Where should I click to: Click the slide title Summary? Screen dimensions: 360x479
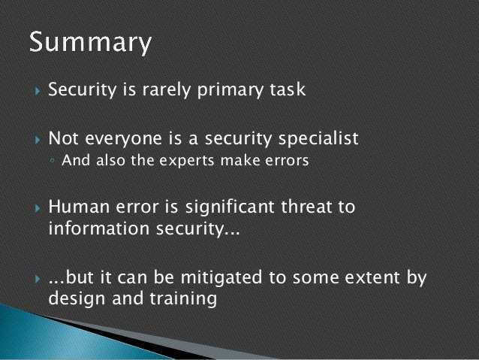(x=90, y=44)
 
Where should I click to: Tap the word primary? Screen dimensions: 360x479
(x=233, y=92)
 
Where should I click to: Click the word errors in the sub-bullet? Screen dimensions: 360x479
(x=286, y=161)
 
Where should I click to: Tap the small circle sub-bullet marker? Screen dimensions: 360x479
(x=53, y=161)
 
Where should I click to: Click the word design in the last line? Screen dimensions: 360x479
(x=72, y=300)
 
